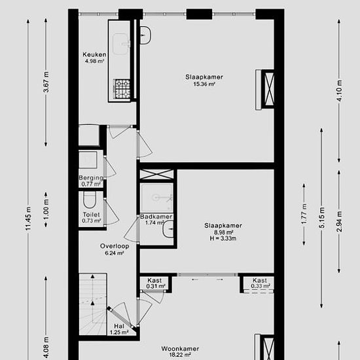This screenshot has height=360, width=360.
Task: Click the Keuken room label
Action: [x=94, y=54]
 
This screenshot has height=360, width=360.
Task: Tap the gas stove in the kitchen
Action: [x=122, y=89]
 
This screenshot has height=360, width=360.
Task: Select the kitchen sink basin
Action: [x=122, y=44]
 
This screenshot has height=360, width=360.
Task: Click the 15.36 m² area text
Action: [x=204, y=84]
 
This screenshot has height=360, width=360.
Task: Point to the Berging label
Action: [x=91, y=177]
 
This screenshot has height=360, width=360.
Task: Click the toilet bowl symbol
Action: [x=89, y=200]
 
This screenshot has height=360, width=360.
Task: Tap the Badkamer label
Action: [x=156, y=217]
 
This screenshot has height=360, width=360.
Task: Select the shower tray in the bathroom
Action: [x=157, y=198]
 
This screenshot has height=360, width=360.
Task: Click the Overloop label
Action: [x=115, y=246]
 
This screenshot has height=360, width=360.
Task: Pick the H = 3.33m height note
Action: [x=223, y=238]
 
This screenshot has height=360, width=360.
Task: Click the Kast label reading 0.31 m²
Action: [x=154, y=280]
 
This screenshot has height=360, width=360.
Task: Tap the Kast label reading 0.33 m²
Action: [x=260, y=280]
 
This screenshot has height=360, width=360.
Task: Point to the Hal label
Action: [x=119, y=326]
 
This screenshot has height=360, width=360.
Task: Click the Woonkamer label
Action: [x=180, y=349]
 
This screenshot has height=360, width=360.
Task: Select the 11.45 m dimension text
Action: [x=28, y=219]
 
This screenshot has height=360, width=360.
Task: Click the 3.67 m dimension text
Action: [x=46, y=82]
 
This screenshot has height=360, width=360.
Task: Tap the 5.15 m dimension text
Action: [x=321, y=218]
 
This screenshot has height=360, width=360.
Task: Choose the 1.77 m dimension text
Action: [x=304, y=214]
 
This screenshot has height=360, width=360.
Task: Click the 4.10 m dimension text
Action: [x=339, y=90]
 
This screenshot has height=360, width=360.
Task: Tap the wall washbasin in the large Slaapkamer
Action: [x=145, y=35]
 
